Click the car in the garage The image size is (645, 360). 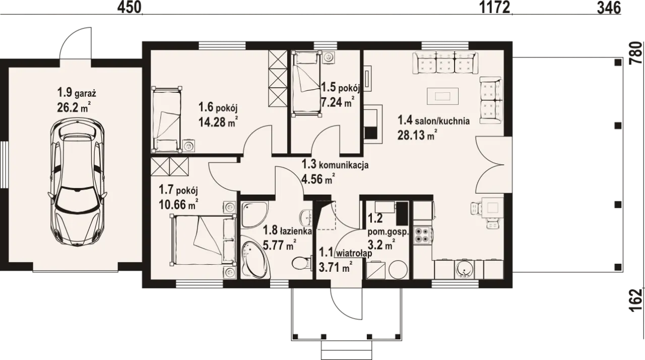coord(77,183)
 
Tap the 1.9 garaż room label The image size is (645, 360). coord(77,93)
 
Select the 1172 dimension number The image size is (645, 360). coord(494,8)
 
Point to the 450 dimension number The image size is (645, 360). coord(130,8)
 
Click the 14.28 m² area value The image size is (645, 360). coord(218,122)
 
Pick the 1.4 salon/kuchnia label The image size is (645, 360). coord(434,121)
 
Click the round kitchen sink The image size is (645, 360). coord(464,270)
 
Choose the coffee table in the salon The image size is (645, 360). coord(442,96)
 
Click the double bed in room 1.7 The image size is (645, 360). coord(203,240)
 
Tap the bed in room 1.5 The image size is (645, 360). coord(307,84)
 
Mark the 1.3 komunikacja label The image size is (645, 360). coord(335,165)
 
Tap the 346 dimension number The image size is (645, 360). coord(609,8)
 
